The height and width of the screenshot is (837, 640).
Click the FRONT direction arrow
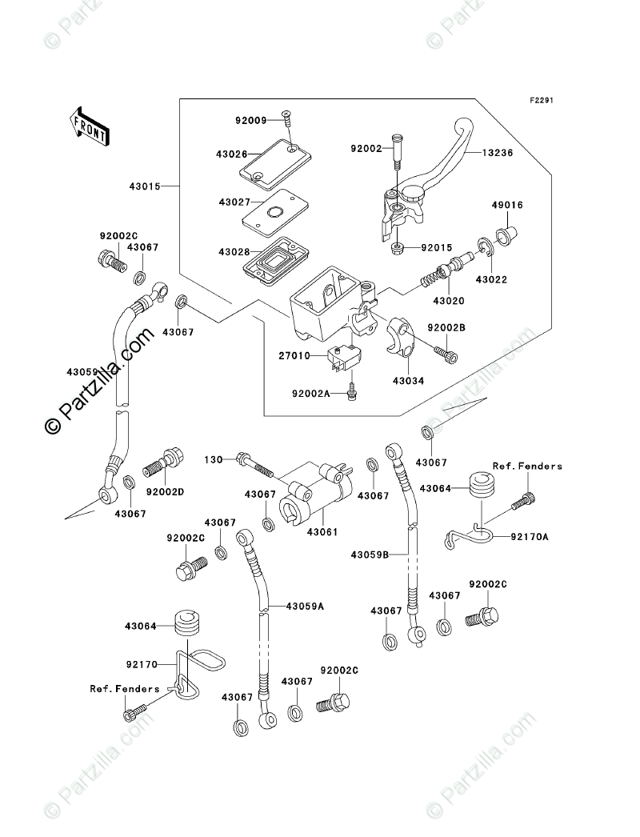tap(89, 126)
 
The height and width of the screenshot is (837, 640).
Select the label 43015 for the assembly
tap(144, 186)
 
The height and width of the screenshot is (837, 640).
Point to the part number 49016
tap(506, 206)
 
